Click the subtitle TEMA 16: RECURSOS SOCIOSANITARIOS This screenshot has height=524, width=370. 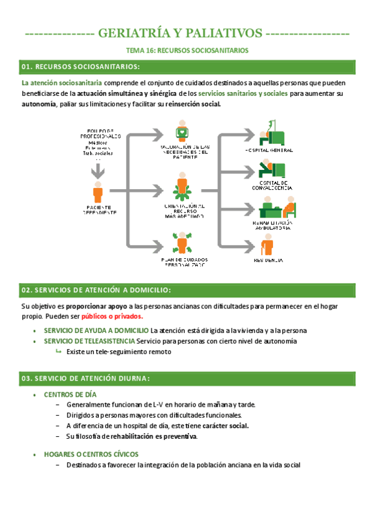(186, 50)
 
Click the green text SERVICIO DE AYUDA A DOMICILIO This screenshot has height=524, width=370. (96, 331)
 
